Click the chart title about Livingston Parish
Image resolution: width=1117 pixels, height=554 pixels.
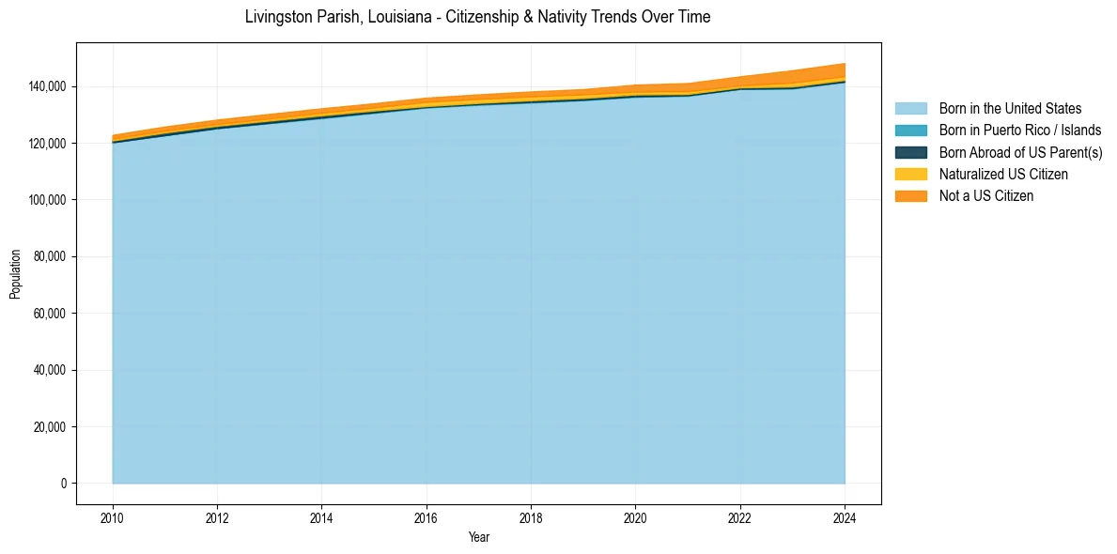point(477,17)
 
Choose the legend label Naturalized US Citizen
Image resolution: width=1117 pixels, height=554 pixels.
point(1003,174)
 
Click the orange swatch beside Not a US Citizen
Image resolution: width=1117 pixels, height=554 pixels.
point(910,196)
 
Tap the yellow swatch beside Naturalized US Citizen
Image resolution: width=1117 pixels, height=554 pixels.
point(910,174)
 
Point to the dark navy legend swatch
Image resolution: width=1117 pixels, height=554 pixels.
point(910,152)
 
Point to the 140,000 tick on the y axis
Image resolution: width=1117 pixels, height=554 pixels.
point(46,86)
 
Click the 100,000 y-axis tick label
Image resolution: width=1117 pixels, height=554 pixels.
point(46,200)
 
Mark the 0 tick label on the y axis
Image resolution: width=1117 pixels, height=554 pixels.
point(64,484)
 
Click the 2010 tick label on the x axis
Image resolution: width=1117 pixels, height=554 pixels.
point(113,517)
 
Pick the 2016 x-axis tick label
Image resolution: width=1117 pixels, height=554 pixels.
point(427,517)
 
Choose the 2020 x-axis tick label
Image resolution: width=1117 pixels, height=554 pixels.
point(636,517)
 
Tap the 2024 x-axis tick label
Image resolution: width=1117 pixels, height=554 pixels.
point(845,517)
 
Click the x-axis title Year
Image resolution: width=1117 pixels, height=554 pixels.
point(478,538)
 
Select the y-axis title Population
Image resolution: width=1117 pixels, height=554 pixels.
point(15,274)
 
